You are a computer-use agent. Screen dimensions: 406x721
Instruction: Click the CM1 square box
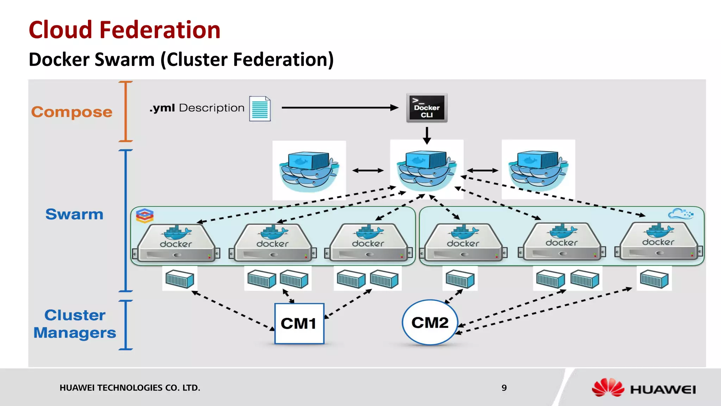[299, 323]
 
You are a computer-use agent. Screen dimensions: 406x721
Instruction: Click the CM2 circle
[430, 322]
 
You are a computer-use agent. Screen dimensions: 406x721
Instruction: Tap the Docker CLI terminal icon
[427, 108]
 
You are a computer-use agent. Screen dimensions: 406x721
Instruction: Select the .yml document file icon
[260, 109]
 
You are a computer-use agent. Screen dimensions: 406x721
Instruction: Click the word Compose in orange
[72, 112]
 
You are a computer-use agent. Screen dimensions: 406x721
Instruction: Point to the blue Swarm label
[74, 214]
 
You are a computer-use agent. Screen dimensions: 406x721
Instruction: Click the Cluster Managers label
[75, 324]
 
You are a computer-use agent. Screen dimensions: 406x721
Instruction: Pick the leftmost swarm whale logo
[309, 171]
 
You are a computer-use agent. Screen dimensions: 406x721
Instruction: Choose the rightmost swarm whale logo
[538, 170]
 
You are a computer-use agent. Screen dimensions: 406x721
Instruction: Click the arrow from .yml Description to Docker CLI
[340, 108]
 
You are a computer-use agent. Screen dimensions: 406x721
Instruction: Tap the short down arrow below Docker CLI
[427, 135]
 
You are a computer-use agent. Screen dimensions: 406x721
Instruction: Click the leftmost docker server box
[176, 243]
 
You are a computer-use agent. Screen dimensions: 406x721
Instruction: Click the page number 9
[504, 388]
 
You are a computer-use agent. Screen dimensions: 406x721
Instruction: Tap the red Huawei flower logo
[608, 388]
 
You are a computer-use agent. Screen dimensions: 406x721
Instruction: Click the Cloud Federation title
[125, 30]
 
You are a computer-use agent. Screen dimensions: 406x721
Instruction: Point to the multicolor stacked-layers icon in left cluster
[145, 216]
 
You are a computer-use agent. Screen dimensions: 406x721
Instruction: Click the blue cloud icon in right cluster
[681, 214]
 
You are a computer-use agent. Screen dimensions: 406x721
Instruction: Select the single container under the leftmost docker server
[180, 279]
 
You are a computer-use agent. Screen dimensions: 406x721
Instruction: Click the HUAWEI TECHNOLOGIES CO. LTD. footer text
[130, 388]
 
